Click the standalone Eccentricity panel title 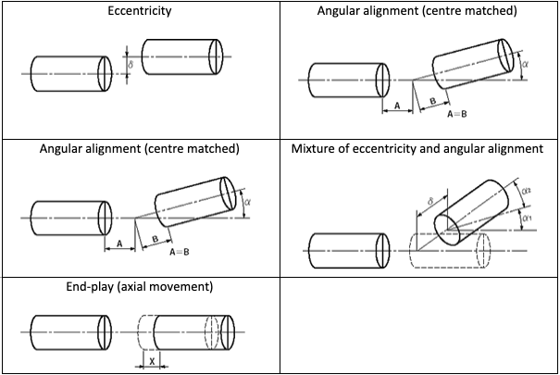pos(140,12)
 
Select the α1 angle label pos(527,217)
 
